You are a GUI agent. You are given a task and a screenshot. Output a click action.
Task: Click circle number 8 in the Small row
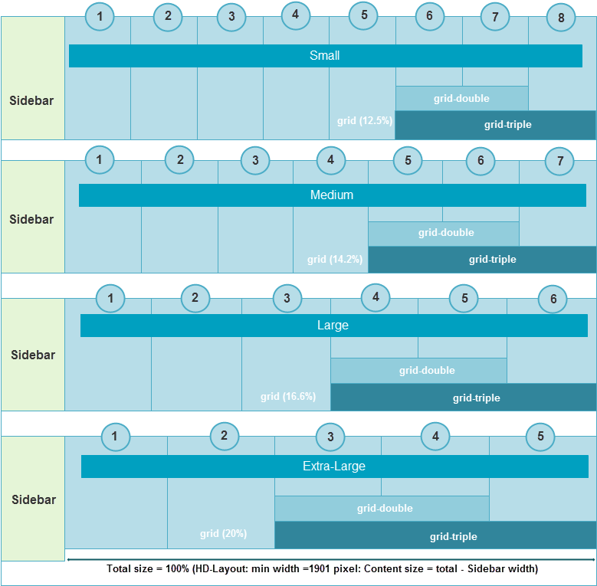pyautogui.click(x=561, y=18)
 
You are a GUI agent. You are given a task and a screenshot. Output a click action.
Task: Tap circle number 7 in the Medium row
pyautogui.click(x=560, y=162)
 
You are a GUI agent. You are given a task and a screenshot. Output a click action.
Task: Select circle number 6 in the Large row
pyautogui.click(x=553, y=300)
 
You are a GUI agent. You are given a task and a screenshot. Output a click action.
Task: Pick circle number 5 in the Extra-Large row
pyautogui.click(x=540, y=437)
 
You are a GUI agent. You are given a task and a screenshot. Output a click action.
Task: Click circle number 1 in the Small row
pyautogui.click(x=100, y=16)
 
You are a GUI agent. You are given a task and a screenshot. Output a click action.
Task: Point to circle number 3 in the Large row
pyautogui.click(x=287, y=299)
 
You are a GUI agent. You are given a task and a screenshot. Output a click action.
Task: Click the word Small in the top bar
pyautogui.click(x=325, y=56)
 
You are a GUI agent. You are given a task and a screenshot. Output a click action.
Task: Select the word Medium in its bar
pyautogui.click(x=332, y=195)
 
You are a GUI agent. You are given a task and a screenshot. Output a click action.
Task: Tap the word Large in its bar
pyautogui.click(x=333, y=326)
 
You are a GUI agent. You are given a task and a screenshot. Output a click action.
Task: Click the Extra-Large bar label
pyautogui.click(x=334, y=467)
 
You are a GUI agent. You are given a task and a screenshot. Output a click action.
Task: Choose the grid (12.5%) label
pyautogui.click(x=364, y=121)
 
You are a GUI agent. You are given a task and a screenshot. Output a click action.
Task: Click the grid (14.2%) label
pyautogui.click(x=335, y=260)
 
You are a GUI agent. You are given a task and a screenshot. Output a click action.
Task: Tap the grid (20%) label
pyautogui.click(x=223, y=534)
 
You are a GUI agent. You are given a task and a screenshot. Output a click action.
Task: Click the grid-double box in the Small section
pyautogui.click(x=461, y=98)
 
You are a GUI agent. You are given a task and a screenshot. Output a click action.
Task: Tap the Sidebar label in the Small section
pyautogui.click(x=31, y=100)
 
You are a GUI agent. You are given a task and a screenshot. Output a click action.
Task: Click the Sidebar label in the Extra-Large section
pyautogui.click(x=34, y=499)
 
